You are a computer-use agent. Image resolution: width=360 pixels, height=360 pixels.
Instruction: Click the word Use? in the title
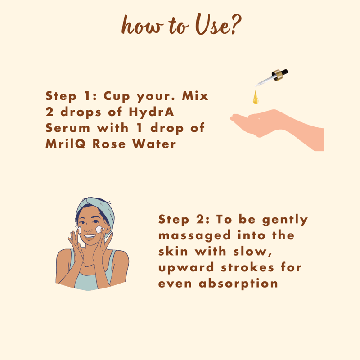[218, 24]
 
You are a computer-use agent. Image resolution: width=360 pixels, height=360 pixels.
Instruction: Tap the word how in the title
[142, 25]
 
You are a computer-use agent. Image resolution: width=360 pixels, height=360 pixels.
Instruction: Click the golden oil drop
[256, 98]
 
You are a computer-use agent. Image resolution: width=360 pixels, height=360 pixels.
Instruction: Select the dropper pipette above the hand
[271, 78]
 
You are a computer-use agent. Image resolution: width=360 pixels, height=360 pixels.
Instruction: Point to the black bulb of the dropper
[283, 72]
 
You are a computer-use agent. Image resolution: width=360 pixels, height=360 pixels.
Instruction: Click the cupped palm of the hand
[257, 121]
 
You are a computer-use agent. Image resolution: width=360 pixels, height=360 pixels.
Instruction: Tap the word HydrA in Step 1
[151, 112]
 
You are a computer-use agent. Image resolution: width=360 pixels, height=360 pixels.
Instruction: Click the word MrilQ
[65, 144]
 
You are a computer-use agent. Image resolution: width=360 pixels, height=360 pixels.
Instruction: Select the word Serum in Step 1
[68, 128]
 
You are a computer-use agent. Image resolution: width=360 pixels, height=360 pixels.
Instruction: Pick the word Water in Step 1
[154, 144]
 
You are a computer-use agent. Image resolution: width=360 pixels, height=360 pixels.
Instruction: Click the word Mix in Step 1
[195, 96]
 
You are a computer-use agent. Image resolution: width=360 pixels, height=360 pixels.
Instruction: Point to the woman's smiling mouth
[90, 237]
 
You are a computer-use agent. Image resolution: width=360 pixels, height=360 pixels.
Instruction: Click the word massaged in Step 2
[194, 236]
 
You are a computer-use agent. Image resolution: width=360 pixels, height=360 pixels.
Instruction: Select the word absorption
[238, 283]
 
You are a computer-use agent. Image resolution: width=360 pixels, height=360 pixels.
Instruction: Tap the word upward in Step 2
[186, 268]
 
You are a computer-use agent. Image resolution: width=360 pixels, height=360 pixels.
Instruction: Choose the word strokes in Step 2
[247, 267]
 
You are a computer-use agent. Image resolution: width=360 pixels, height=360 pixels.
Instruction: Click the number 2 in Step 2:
[200, 219]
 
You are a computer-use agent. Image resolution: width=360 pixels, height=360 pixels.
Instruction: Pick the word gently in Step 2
[285, 220]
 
